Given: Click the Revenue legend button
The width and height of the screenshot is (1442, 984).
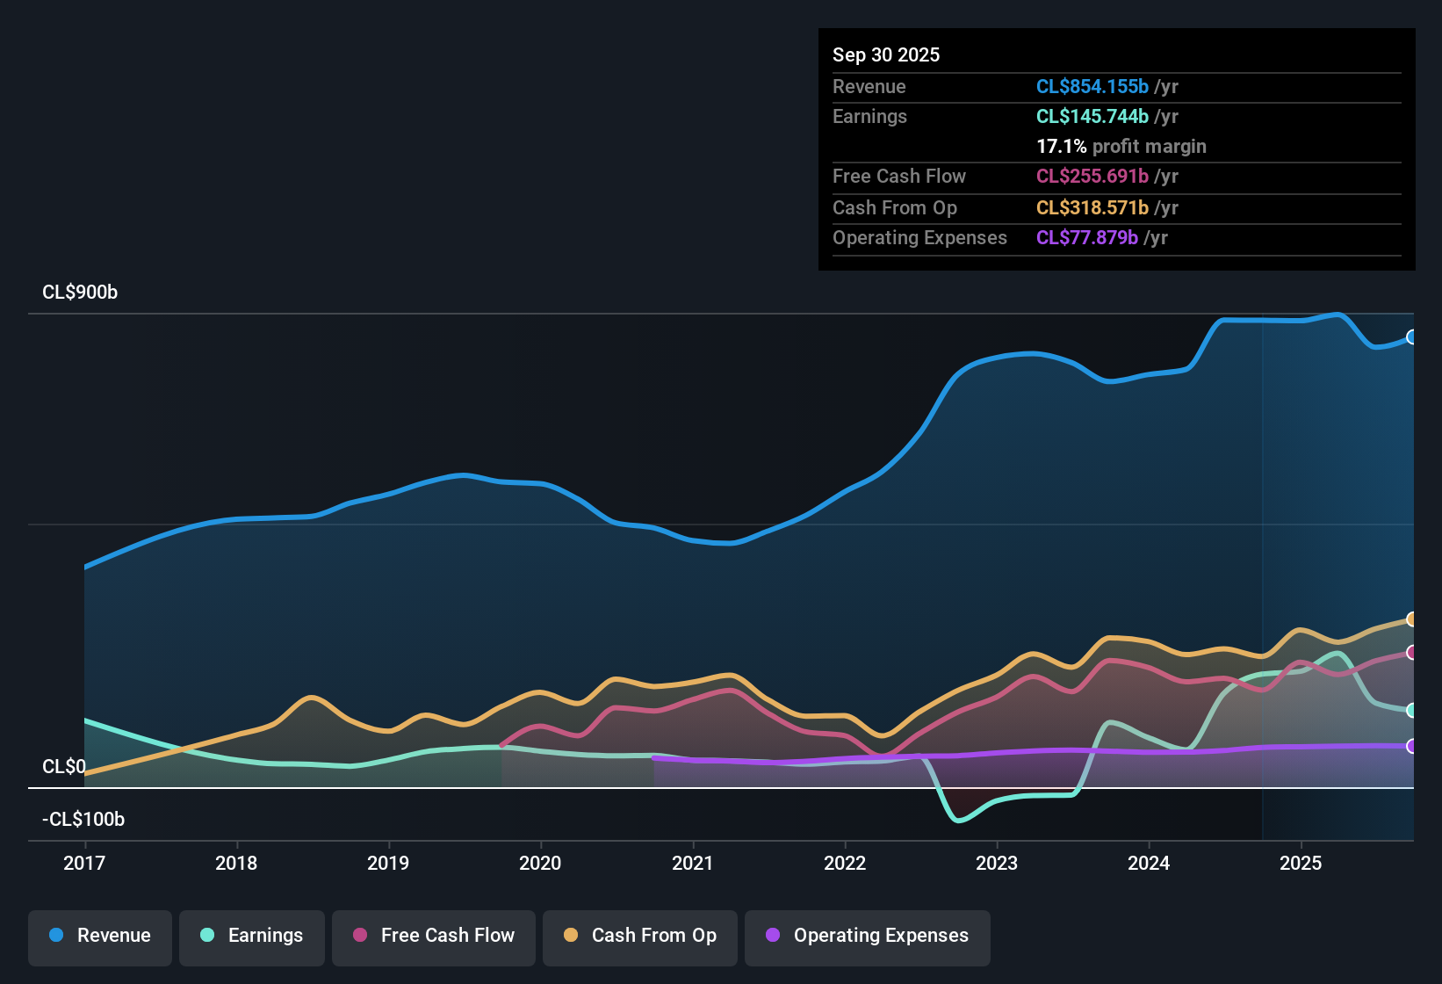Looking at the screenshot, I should pos(100,936).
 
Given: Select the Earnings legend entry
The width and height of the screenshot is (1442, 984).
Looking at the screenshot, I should pos(252,936).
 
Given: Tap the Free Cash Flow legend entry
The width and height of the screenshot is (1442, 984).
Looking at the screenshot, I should pos(434,936).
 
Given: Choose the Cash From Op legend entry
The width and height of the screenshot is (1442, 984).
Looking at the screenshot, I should pos(640,936).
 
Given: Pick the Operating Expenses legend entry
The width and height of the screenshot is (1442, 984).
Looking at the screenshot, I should pos(868,936).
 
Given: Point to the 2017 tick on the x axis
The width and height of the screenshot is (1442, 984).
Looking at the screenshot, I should pos(84,863).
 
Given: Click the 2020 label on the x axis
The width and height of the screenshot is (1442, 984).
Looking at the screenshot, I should pos(540,863).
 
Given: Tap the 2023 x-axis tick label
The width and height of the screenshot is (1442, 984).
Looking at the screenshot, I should pos(997,863).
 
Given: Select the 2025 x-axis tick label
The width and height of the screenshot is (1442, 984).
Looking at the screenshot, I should pos(1301,863).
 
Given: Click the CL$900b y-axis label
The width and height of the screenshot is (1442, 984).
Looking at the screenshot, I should pos(80,293).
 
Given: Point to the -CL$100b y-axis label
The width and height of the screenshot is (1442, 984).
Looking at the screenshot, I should pos(83,820).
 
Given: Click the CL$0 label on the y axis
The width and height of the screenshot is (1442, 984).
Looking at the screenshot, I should pos(64,767).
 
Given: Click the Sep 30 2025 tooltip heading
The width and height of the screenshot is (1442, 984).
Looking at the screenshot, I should pos(886,54).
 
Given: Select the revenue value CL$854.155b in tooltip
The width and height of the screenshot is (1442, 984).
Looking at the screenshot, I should pos(1092,86).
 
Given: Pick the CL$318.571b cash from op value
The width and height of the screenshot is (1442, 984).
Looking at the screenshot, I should pos(1092,207).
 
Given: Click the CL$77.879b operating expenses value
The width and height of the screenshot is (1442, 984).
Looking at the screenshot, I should pos(1086,237).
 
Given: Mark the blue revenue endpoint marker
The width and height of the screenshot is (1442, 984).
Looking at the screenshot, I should pos(1411,337).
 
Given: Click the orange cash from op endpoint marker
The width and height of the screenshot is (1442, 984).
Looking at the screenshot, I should pos(1411,619).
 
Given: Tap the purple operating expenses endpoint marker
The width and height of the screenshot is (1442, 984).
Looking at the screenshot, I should pos(1411,746).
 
